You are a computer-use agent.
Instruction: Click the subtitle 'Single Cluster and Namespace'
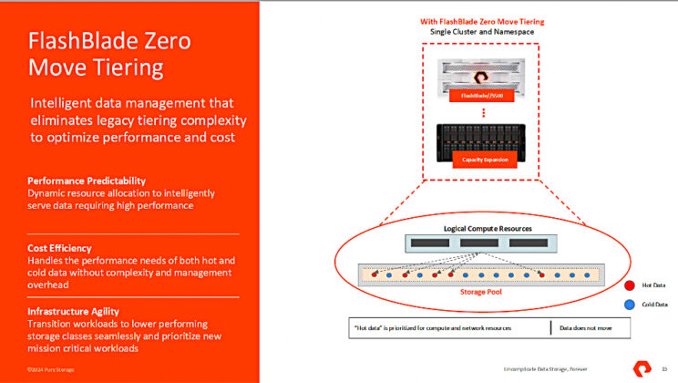pos(483,32)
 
